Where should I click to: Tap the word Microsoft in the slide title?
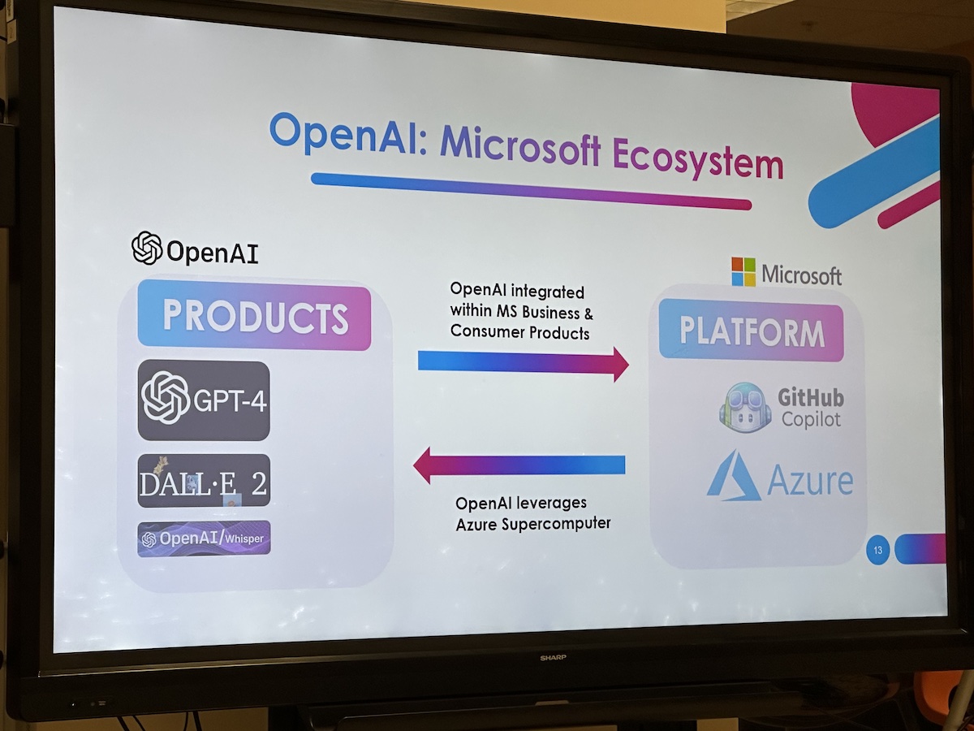pos(520,145)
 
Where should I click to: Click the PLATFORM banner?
pos(752,331)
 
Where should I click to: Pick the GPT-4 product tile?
pos(204,400)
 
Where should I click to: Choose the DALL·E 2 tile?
pos(204,481)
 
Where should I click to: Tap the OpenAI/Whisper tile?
pos(204,539)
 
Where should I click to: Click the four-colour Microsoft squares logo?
pos(743,271)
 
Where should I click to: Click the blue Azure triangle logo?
pos(732,477)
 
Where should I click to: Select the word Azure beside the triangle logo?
pos(810,481)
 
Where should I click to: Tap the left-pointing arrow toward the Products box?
pos(519,465)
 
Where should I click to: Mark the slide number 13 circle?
pos(877,551)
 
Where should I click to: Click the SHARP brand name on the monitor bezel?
pos(553,657)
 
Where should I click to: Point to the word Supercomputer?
pos(556,524)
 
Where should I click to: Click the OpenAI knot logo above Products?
pos(147,248)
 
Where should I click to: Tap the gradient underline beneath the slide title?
pos(531,191)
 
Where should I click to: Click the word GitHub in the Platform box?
pos(811,398)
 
